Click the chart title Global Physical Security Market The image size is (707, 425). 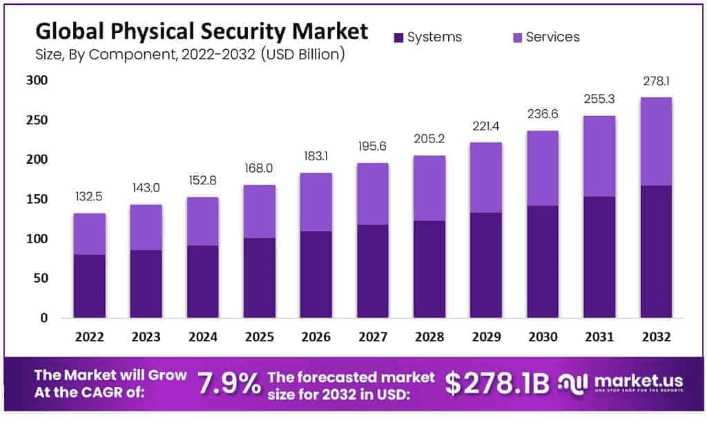point(202,31)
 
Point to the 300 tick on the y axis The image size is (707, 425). point(37,80)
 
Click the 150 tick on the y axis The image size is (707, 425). point(37,200)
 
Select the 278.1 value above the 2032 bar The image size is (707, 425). point(655,82)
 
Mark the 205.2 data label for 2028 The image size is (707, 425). point(429,139)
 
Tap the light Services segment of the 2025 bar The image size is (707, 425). point(260,211)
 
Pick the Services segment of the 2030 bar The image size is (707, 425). point(542,168)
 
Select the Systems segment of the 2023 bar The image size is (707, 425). point(146,284)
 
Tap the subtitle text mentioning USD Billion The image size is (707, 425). point(190,54)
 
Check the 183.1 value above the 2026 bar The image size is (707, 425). point(316,157)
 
